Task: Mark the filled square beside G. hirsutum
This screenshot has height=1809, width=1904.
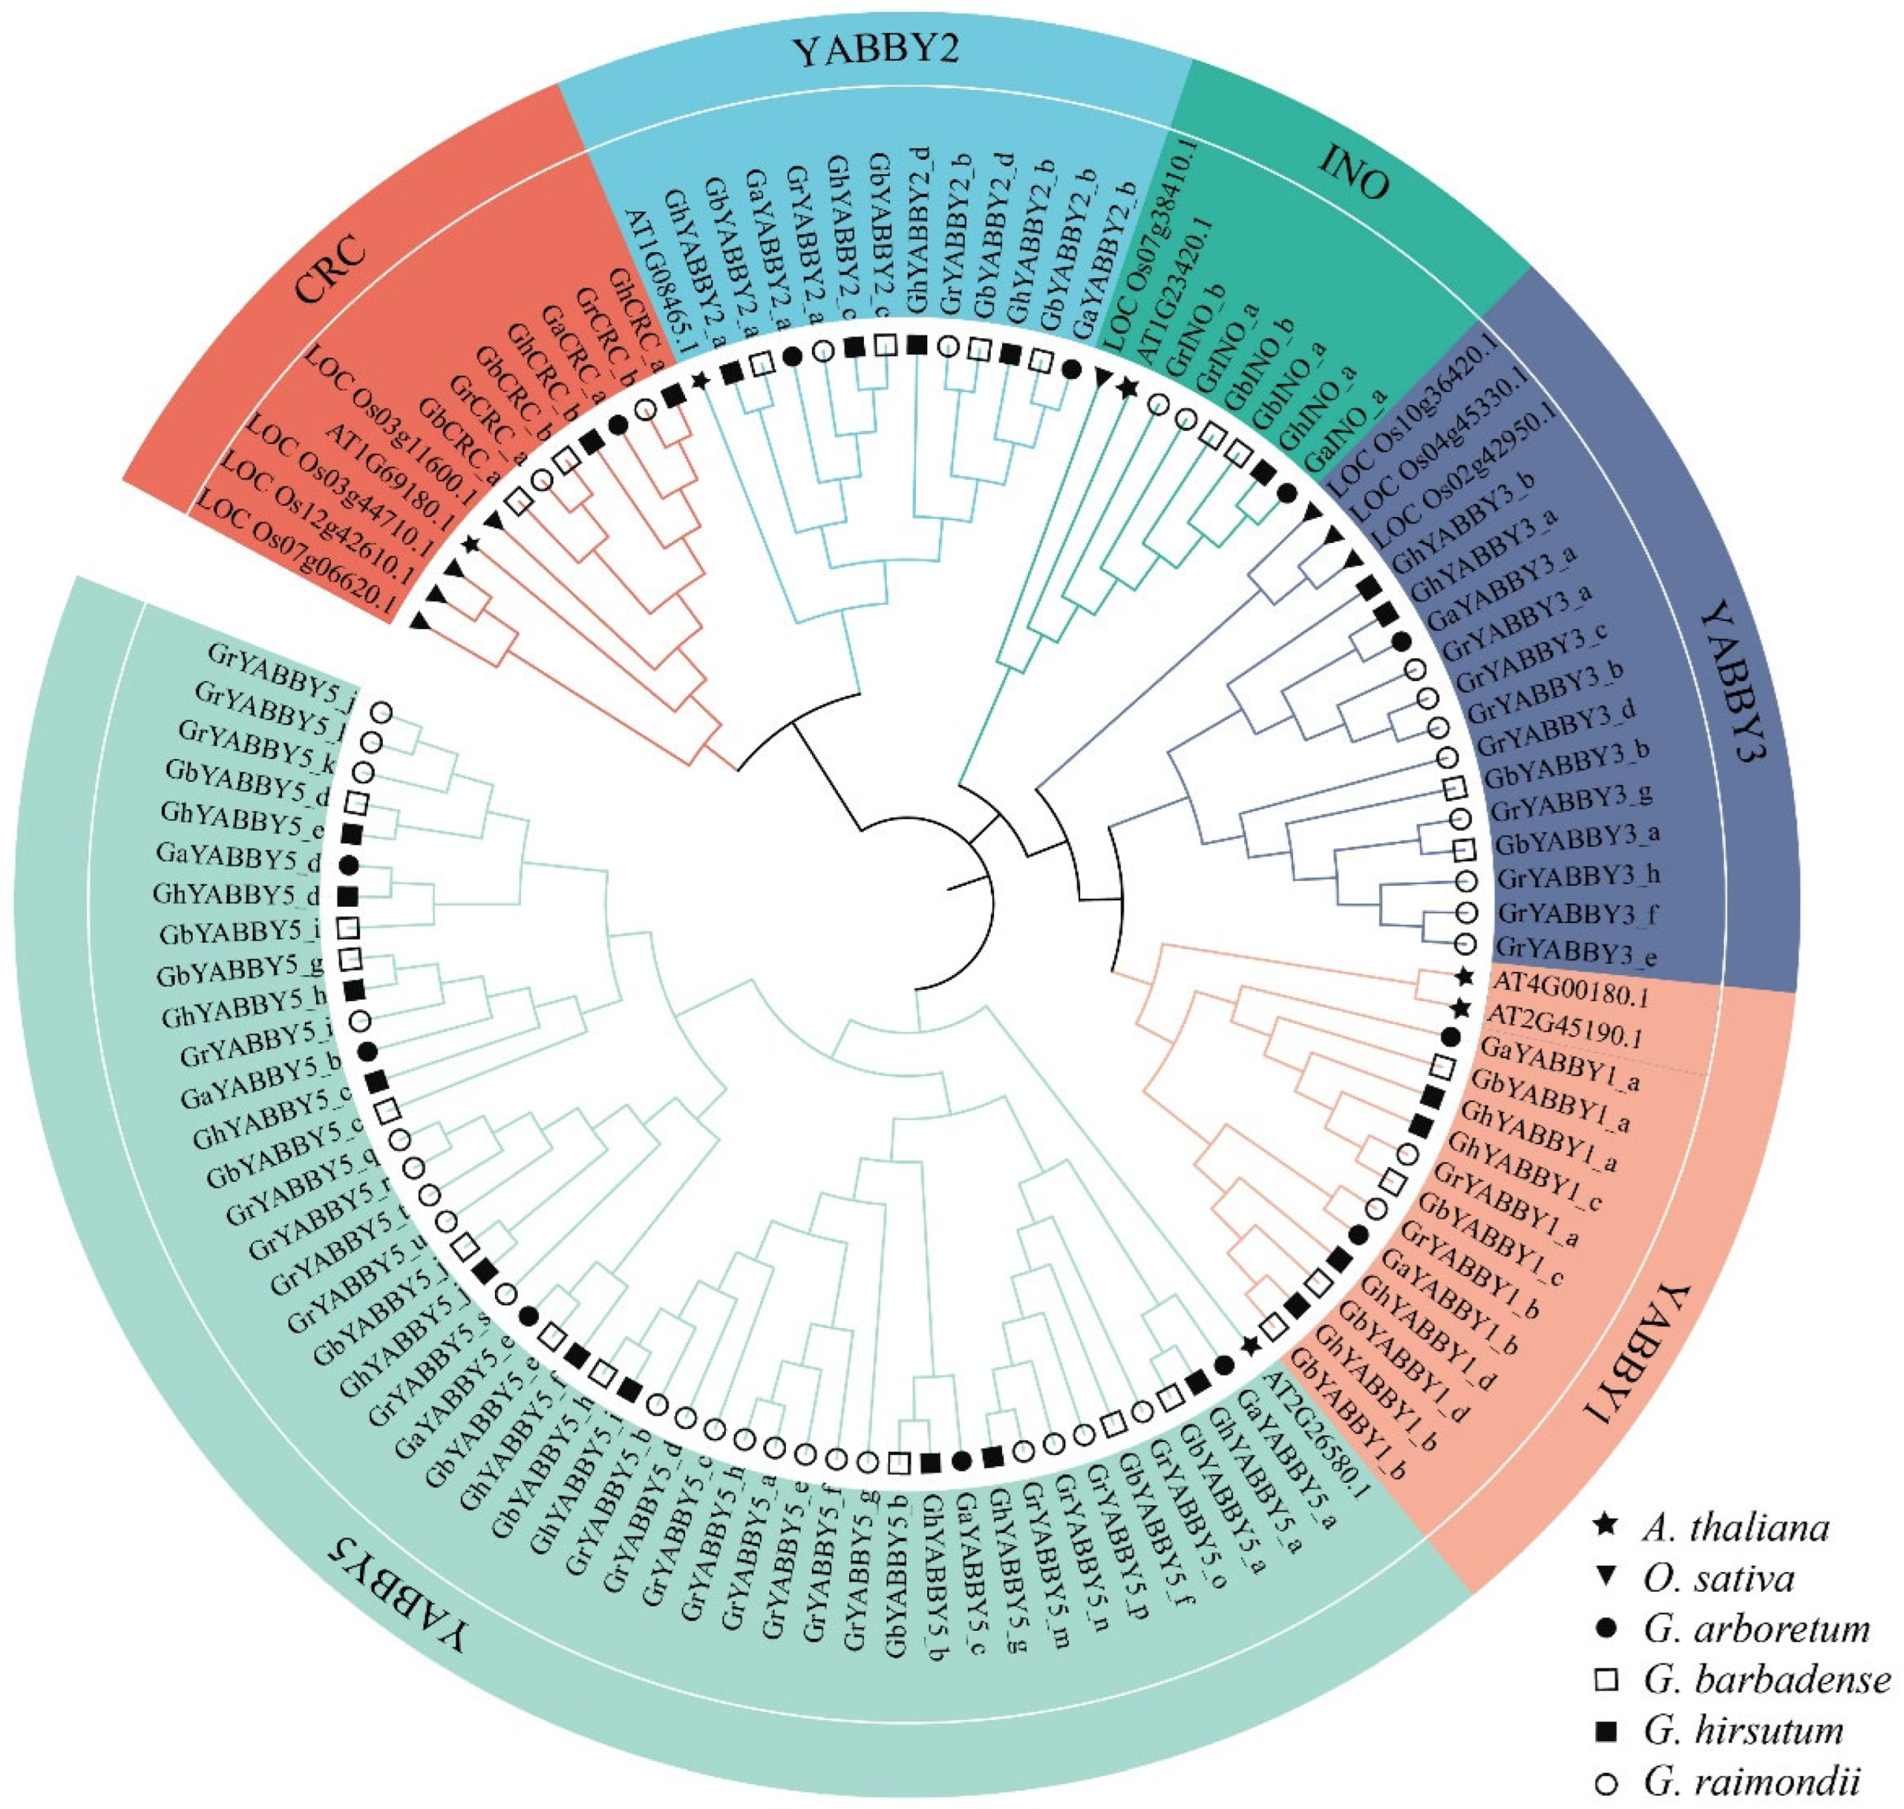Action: [1606, 1731]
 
